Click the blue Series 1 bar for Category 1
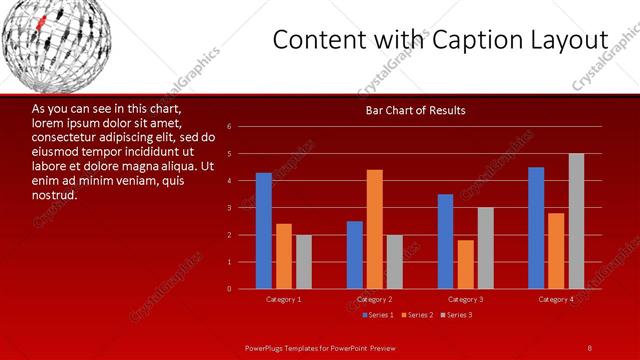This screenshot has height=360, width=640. click(x=263, y=231)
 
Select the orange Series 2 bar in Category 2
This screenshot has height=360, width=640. click(x=374, y=229)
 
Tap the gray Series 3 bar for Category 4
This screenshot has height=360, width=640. click(x=576, y=221)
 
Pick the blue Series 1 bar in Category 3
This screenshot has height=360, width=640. click(x=445, y=241)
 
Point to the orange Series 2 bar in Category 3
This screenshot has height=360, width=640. click(x=465, y=264)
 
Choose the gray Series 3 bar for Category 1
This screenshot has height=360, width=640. click(x=303, y=262)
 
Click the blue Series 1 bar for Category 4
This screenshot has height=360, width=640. click(x=536, y=228)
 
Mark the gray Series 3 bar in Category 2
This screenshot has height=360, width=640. click(x=394, y=262)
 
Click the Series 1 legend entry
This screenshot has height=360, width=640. click(x=377, y=315)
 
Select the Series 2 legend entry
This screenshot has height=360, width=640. click(x=417, y=315)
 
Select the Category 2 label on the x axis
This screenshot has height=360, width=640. click(x=374, y=299)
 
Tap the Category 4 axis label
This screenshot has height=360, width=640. click(x=556, y=299)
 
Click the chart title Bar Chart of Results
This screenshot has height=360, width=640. click(x=415, y=110)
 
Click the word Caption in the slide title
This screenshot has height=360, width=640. click(x=489, y=39)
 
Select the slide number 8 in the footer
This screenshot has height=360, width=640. click(x=590, y=347)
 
